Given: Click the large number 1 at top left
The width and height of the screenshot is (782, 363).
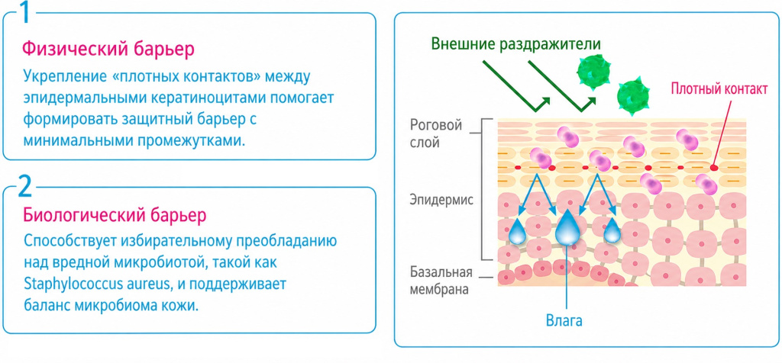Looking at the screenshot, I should [24, 13].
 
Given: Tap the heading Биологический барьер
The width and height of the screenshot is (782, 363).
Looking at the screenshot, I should [115, 215].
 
